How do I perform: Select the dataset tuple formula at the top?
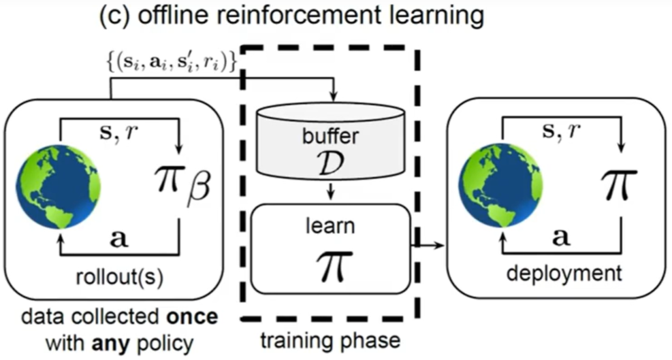[x=175, y=63]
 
